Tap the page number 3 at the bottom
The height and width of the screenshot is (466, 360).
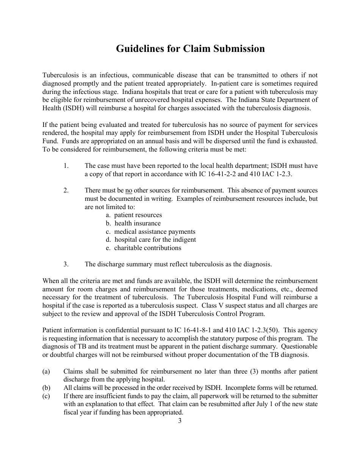click(180, 421)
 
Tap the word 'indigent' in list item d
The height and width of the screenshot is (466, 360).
click(184, 239)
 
